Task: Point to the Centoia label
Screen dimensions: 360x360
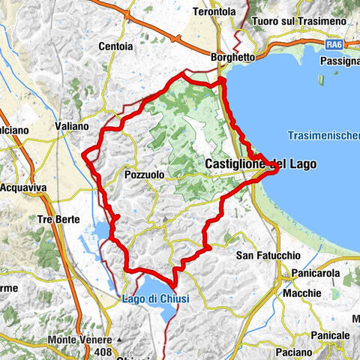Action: tap(116, 46)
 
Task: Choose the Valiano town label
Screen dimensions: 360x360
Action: tap(72, 127)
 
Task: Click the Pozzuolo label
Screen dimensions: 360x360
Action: tap(143, 174)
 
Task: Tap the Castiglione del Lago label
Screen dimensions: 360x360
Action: tap(260, 163)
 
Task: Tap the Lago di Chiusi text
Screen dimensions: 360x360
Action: tap(156, 298)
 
